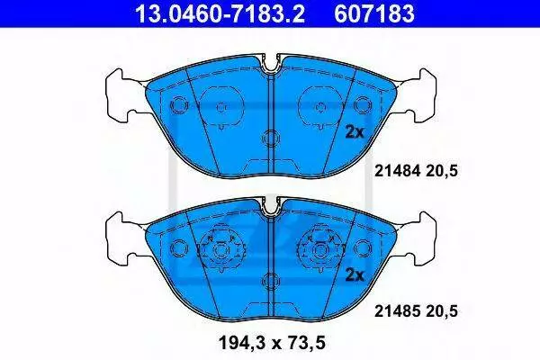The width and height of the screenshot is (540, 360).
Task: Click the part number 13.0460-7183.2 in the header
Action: (x=220, y=13)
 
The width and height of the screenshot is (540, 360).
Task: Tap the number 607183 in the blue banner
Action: (x=374, y=13)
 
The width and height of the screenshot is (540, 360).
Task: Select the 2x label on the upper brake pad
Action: (x=355, y=132)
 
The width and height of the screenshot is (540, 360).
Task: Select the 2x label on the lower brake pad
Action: (x=355, y=274)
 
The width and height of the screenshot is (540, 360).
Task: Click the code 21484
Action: (x=398, y=171)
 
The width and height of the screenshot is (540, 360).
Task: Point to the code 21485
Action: (x=398, y=311)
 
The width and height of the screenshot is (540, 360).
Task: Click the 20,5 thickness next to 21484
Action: (x=442, y=171)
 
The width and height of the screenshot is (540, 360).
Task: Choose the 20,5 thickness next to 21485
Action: (x=442, y=311)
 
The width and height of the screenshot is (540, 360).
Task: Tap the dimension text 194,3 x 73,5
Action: (x=272, y=344)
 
